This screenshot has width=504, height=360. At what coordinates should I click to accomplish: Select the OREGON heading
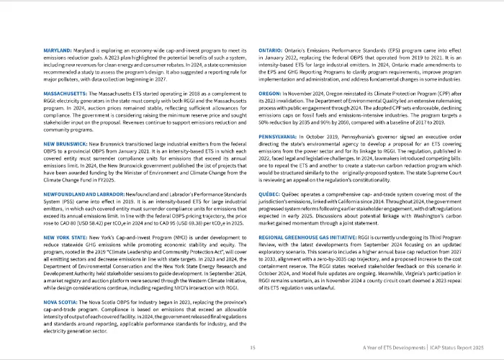[270, 94]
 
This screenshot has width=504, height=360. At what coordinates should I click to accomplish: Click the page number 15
[252, 347]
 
